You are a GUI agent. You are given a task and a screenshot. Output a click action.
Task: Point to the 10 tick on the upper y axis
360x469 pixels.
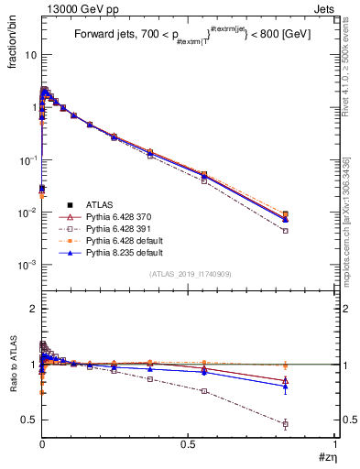30,54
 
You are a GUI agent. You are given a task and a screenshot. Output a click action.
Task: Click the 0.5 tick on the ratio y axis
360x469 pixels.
30,420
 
